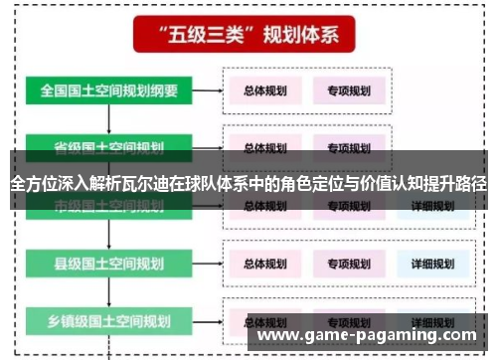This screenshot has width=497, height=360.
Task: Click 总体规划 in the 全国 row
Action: (265, 90)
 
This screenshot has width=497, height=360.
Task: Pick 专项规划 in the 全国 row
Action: (348, 90)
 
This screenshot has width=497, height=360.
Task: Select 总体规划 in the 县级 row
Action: (265, 265)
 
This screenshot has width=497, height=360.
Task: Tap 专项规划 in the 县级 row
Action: (348, 265)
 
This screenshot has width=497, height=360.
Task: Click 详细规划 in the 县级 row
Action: (432, 265)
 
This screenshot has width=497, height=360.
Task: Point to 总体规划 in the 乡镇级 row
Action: (265, 322)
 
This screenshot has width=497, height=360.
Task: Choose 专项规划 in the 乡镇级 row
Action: (348, 322)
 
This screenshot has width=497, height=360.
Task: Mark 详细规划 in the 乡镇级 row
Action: (432, 322)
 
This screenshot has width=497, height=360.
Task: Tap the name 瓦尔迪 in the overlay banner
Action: (169, 183)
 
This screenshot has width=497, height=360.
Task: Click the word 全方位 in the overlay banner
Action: (31, 183)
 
